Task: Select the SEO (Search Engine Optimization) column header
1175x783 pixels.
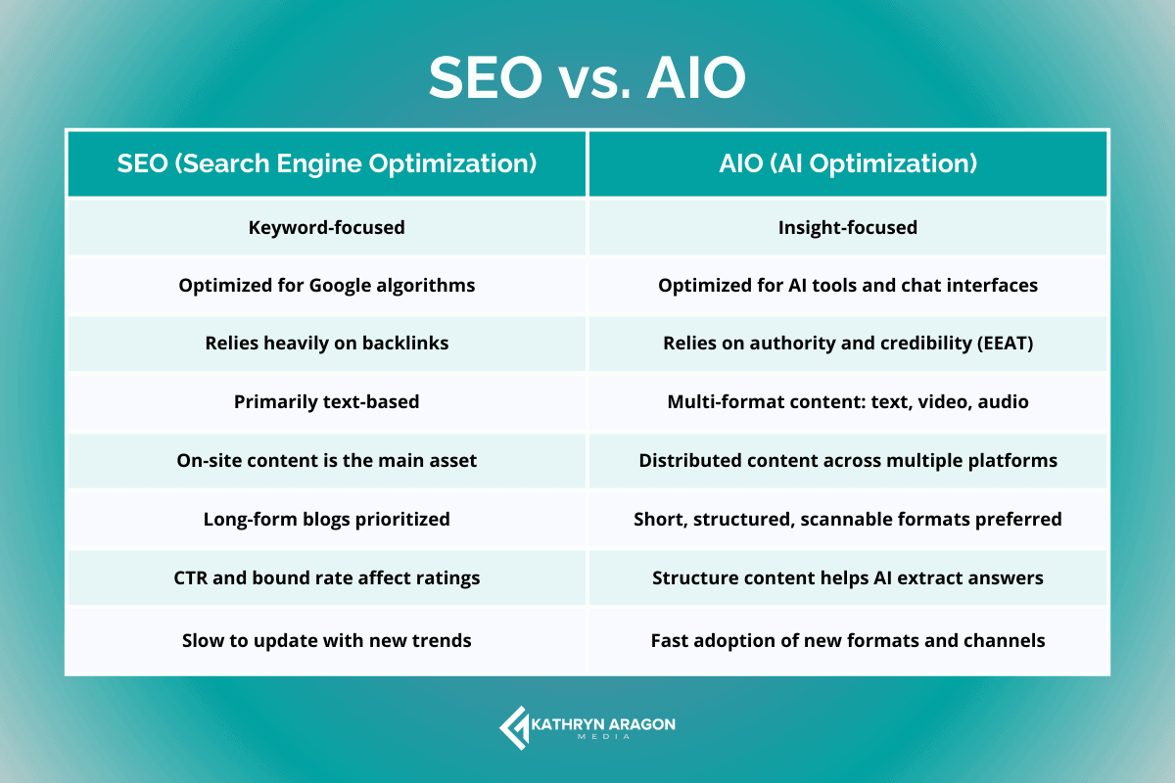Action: tap(327, 163)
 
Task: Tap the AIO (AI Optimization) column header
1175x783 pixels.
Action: tap(848, 163)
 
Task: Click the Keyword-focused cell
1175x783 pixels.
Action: tap(327, 228)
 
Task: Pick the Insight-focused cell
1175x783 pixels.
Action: tap(848, 228)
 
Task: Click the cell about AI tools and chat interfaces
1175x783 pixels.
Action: tap(848, 286)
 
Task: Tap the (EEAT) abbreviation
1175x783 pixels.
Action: tap(1002, 344)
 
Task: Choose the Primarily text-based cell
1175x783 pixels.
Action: tap(327, 401)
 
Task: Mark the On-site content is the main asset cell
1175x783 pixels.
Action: tap(327, 460)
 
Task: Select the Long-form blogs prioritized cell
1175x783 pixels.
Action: tap(327, 519)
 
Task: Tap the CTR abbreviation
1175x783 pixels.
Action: tap(193, 577)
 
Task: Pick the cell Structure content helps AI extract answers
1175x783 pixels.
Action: tap(848, 577)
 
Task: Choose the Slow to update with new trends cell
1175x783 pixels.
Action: tap(327, 641)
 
